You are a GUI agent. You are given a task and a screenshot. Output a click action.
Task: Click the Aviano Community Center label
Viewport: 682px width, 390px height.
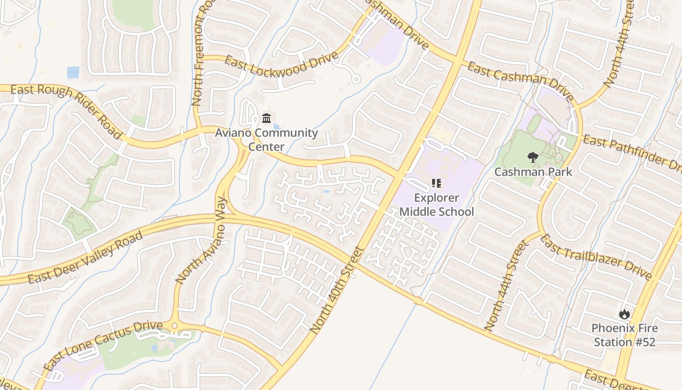266,139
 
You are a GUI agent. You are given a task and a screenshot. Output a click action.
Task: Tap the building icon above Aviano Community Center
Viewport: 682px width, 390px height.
266,118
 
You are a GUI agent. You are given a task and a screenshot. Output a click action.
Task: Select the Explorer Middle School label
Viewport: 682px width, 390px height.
436,205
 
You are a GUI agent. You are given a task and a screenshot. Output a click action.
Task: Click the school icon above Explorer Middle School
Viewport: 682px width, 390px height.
436,183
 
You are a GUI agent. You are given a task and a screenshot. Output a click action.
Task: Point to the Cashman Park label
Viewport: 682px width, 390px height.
533,172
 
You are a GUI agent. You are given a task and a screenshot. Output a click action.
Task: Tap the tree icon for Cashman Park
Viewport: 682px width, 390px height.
532,157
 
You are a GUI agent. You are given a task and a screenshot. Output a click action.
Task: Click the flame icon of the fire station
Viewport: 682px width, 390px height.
624,314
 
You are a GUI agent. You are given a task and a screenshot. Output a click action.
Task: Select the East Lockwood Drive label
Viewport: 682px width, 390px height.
281,65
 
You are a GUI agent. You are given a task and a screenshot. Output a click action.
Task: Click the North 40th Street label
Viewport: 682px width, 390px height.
337,291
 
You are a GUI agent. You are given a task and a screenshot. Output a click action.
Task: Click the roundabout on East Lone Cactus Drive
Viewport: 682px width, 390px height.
174,325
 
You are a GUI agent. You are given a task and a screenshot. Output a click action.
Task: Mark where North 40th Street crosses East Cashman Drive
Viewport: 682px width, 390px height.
457,58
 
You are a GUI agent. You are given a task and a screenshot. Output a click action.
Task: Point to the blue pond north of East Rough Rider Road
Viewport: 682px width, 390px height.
73,72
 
